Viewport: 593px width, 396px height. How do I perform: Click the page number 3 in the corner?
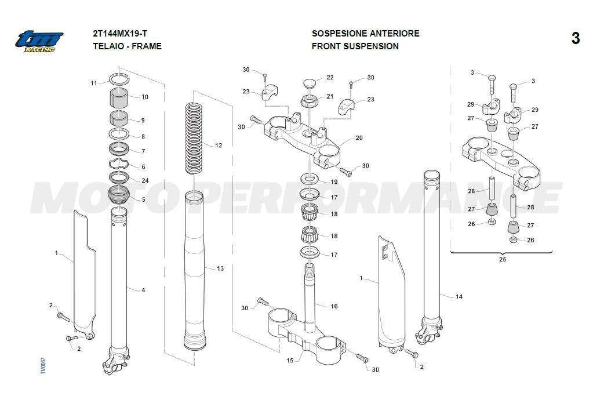575,39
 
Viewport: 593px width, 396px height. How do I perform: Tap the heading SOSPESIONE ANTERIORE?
365,34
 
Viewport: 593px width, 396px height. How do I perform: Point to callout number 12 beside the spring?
219,146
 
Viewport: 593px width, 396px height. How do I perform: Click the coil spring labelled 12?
193,138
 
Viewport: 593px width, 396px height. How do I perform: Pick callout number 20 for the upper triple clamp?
359,138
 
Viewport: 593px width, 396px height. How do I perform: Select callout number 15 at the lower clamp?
290,361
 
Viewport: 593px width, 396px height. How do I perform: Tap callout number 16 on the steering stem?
334,306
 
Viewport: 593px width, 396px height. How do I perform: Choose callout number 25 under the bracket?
502,259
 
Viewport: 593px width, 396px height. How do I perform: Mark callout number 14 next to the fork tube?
459,297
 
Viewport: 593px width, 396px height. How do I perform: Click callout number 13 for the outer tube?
220,268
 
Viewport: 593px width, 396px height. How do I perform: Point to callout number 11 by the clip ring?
94,83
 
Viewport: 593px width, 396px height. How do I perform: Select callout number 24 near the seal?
145,180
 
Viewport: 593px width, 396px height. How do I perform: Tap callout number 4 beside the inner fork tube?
143,290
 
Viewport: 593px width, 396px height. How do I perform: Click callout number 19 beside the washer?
334,182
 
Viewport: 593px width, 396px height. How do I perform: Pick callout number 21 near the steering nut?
330,96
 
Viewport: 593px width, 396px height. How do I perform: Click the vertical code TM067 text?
43,365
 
